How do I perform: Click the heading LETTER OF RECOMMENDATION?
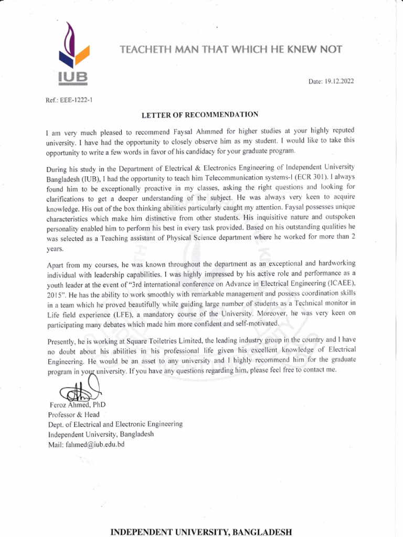(199, 114)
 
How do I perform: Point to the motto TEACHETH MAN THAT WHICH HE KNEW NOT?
(231, 50)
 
